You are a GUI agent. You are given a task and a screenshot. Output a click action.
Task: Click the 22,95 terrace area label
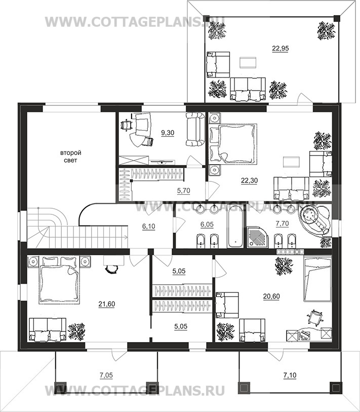click(x=281, y=48)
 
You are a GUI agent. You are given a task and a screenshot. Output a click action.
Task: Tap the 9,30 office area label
click(x=168, y=133)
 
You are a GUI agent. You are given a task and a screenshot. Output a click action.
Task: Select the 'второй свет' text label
click(x=71, y=157)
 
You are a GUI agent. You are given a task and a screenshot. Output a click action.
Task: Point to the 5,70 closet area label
click(x=184, y=191)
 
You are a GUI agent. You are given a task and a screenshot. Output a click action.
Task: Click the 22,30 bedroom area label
click(x=250, y=180)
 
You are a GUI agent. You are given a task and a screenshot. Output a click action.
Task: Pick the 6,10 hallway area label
click(x=149, y=226)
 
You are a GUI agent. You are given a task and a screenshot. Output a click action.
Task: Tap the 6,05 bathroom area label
click(x=207, y=224)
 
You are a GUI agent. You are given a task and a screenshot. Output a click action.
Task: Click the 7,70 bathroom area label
click(x=282, y=223)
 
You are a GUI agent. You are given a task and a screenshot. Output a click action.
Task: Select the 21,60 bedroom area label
click(x=107, y=304)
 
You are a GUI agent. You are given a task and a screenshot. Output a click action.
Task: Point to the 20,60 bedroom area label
click(x=271, y=296)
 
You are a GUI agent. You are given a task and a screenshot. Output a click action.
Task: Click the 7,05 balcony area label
click(x=106, y=375)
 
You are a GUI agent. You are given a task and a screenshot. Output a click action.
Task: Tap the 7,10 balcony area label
click(x=290, y=375)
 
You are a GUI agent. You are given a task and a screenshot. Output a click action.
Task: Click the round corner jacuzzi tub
click(x=314, y=220)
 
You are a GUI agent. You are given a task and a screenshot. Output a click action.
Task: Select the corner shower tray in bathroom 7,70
click(x=257, y=238)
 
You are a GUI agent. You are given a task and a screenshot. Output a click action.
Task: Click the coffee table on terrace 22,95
click(x=248, y=62)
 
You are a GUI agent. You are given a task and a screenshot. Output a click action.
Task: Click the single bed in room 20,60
click(x=317, y=279)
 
